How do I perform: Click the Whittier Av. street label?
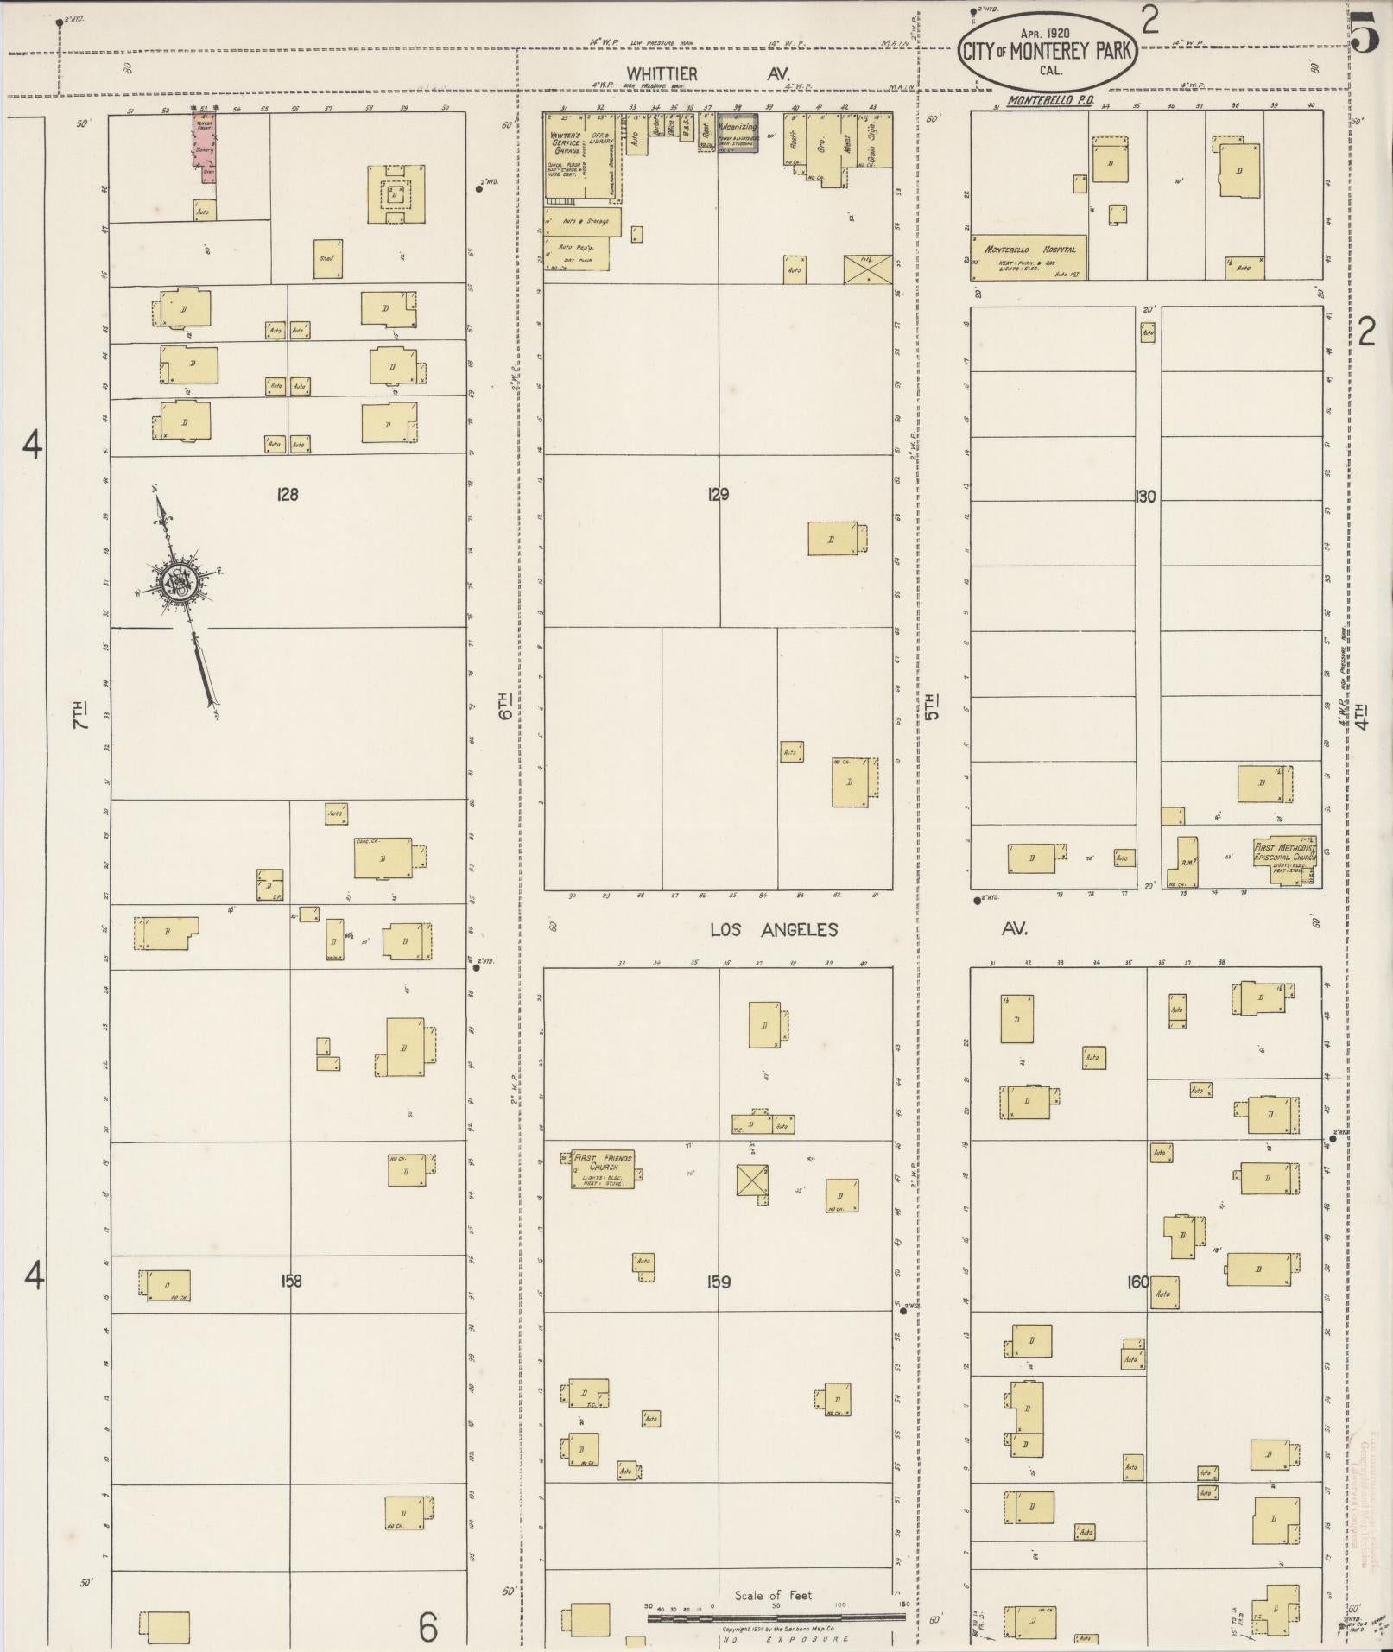click(707, 75)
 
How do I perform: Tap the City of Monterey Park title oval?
click(1045, 50)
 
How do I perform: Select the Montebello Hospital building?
click(1029, 257)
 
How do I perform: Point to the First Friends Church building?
click(603, 1168)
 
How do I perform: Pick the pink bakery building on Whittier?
click(205, 142)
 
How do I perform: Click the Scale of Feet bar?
click(776, 1617)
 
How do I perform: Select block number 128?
click(288, 495)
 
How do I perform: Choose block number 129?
click(718, 495)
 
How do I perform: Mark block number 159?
click(719, 1282)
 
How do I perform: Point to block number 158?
click(291, 1281)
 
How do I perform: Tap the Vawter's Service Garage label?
click(567, 142)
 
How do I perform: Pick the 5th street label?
click(931, 706)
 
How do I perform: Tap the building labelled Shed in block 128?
click(327, 258)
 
